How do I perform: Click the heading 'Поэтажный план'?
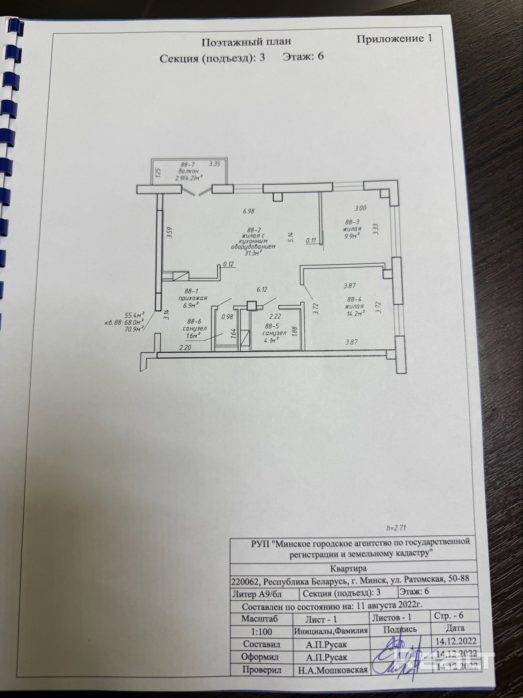pyautogui.click(x=246, y=42)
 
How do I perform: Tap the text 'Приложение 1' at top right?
pyautogui.click(x=394, y=39)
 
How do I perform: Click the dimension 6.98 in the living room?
pyautogui.click(x=249, y=211)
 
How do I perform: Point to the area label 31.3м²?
pyautogui.click(x=253, y=253)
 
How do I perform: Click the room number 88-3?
pyautogui.click(x=352, y=222)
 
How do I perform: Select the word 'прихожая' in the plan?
pyautogui.click(x=193, y=298)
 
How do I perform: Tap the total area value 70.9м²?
pyautogui.click(x=134, y=328)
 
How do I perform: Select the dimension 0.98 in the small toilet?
pyautogui.click(x=227, y=317)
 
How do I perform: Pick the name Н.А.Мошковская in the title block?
pyautogui.click(x=333, y=670)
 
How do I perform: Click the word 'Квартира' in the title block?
pyautogui.click(x=348, y=568)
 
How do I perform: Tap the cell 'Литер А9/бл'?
pyautogui.click(x=257, y=593)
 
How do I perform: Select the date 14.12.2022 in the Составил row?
pyautogui.click(x=456, y=641)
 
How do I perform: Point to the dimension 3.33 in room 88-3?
pyautogui.click(x=376, y=229)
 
